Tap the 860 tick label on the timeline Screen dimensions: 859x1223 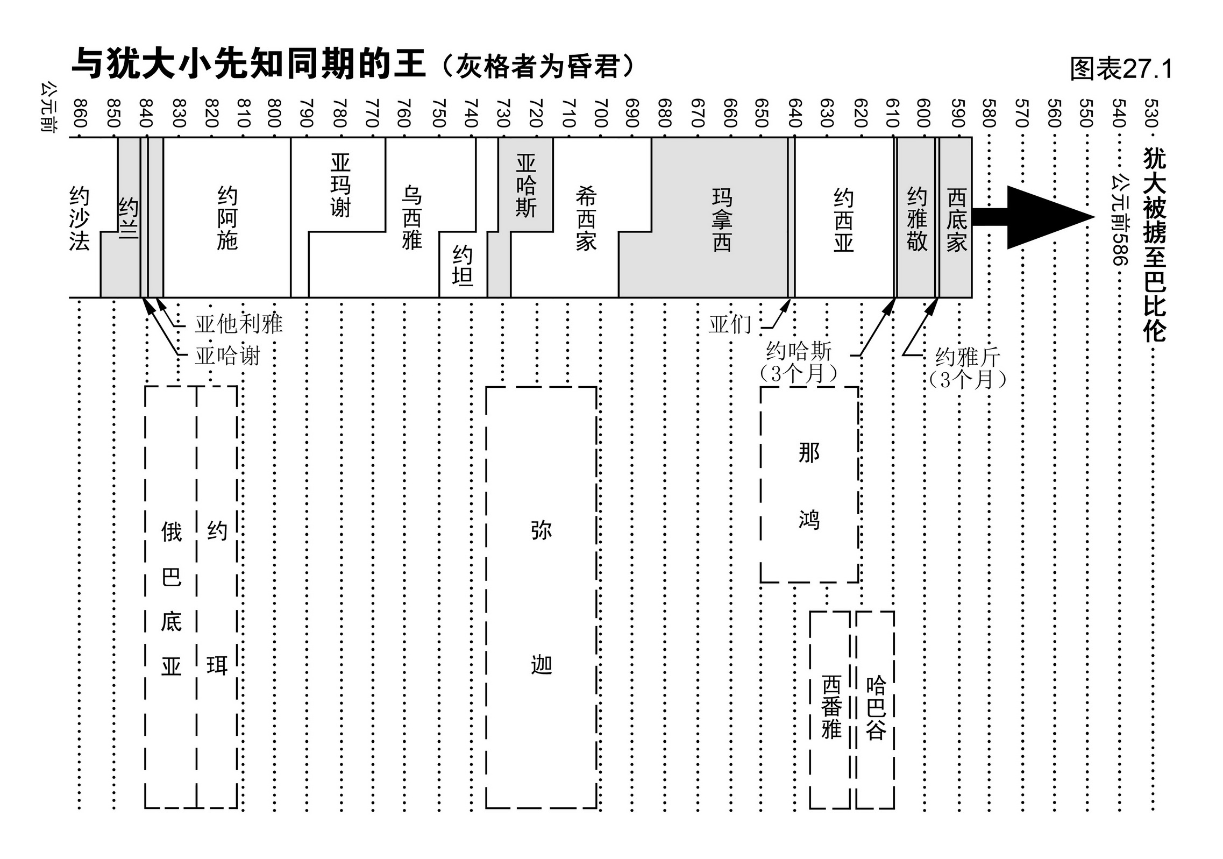80,113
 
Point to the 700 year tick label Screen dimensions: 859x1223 601,113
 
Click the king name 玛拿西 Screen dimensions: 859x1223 722,220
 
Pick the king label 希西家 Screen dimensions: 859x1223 586,218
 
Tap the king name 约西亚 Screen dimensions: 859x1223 843,220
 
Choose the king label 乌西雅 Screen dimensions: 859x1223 411,218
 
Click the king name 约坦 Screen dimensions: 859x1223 463,265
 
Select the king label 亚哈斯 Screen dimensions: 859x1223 525,186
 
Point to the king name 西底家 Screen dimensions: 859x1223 957,220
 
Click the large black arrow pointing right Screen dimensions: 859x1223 1033,217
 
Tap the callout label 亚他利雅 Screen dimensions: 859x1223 238,324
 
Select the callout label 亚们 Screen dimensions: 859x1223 729,324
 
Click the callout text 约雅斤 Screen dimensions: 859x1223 968,357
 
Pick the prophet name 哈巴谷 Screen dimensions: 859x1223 876,708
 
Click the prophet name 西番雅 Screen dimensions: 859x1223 831,708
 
